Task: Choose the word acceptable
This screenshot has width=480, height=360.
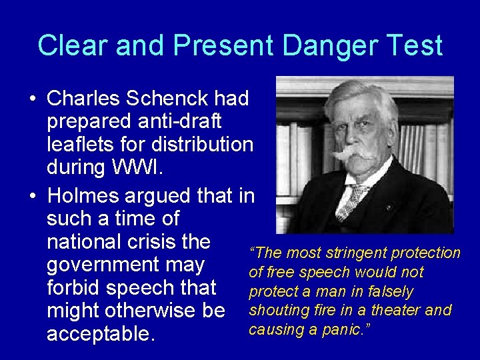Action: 101,334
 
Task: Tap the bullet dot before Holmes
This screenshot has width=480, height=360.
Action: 32,197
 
